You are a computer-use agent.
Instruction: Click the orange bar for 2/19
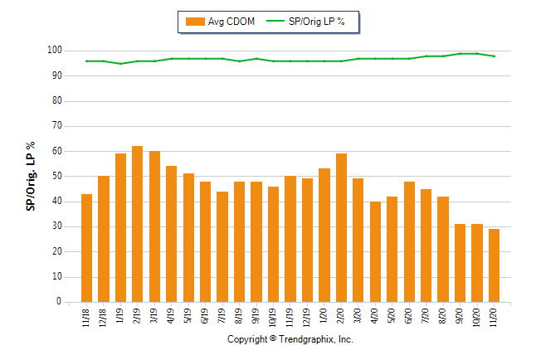[138, 224]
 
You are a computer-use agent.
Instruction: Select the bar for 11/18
[86, 248]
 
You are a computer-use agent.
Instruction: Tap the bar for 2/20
[341, 227]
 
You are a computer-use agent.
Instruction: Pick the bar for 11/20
[494, 265]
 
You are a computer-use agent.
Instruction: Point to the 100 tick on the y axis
[54, 51]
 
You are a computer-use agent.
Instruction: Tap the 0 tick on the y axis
[59, 303]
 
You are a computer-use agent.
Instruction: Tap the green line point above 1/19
[120, 63]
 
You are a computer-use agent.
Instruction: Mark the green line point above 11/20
[494, 56]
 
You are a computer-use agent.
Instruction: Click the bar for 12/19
[307, 240]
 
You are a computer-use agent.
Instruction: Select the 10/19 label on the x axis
[274, 319]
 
